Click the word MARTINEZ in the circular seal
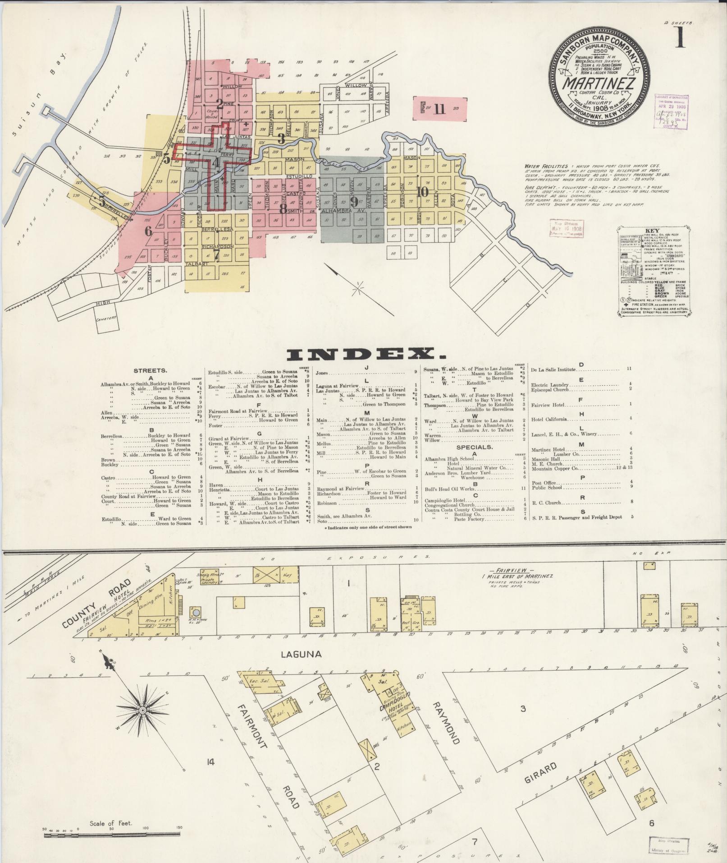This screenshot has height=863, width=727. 599,84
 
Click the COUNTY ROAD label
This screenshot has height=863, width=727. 97,604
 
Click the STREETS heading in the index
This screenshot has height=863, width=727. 151,370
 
